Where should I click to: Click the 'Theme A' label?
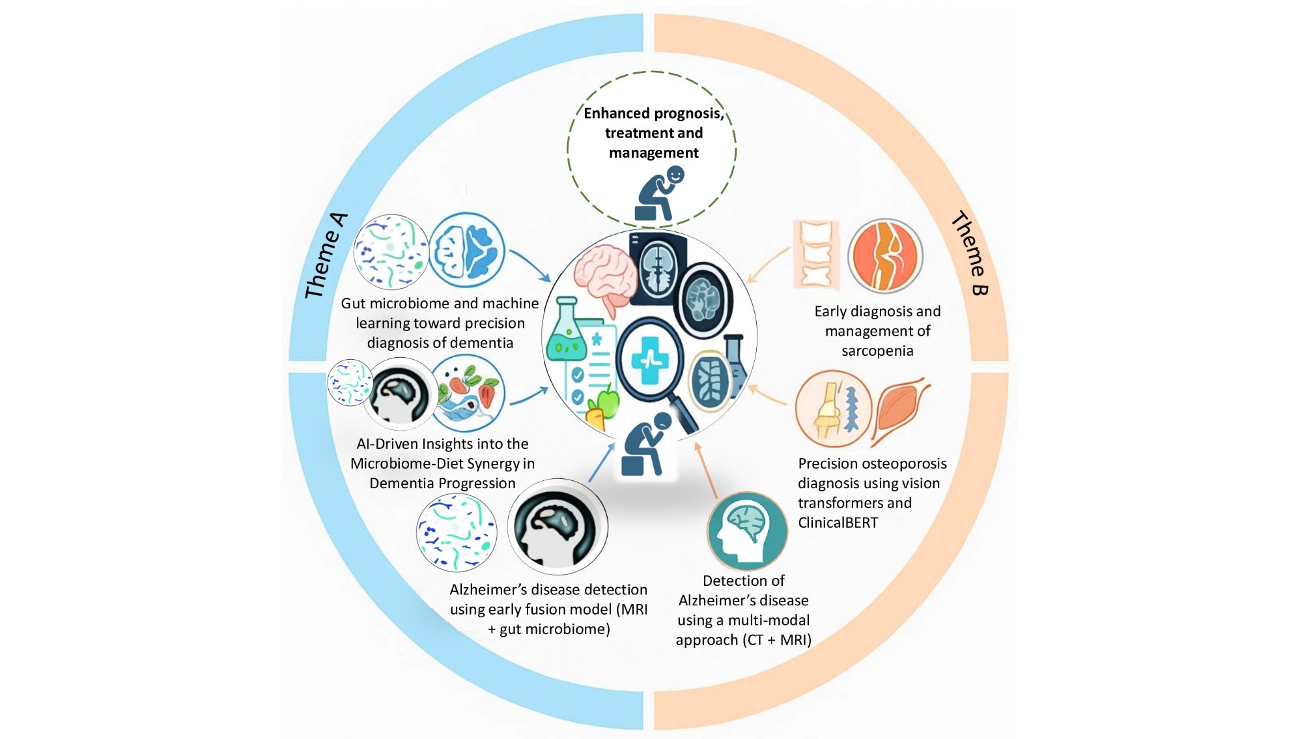[x=326, y=255]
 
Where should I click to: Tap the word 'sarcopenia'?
[x=877, y=351]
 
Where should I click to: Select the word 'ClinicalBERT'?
[x=838, y=523]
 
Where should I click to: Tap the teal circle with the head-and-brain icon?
[x=747, y=531]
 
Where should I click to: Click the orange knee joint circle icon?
[x=885, y=255]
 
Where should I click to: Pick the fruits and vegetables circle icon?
[x=468, y=393]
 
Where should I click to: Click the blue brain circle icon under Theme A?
[x=466, y=251]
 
